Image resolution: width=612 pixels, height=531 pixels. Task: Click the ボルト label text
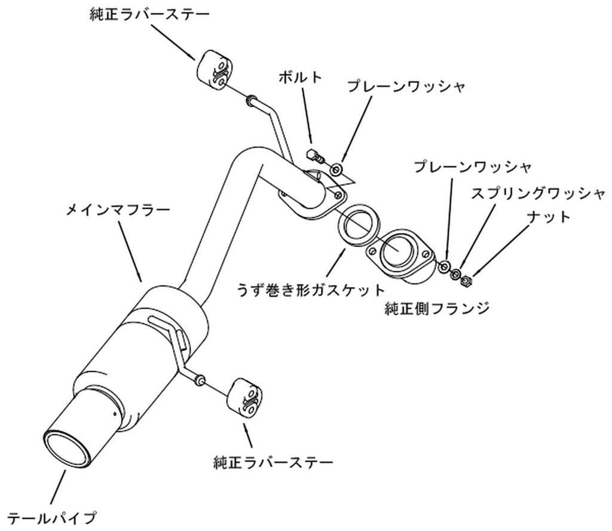click(300, 78)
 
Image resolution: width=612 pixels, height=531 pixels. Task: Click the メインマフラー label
click(118, 210)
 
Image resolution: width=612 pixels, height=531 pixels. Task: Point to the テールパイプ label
click(51, 517)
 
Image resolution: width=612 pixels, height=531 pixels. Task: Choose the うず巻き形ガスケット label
click(309, 290)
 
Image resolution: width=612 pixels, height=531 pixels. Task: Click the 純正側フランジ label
click(437, 308)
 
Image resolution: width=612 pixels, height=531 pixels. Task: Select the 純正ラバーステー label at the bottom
click(273, 462)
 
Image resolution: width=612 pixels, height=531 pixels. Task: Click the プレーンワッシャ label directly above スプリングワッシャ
click(472, 167)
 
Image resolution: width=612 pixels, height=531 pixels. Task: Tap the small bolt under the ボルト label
click(314, 156)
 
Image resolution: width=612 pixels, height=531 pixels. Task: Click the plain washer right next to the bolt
click(336, 170)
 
